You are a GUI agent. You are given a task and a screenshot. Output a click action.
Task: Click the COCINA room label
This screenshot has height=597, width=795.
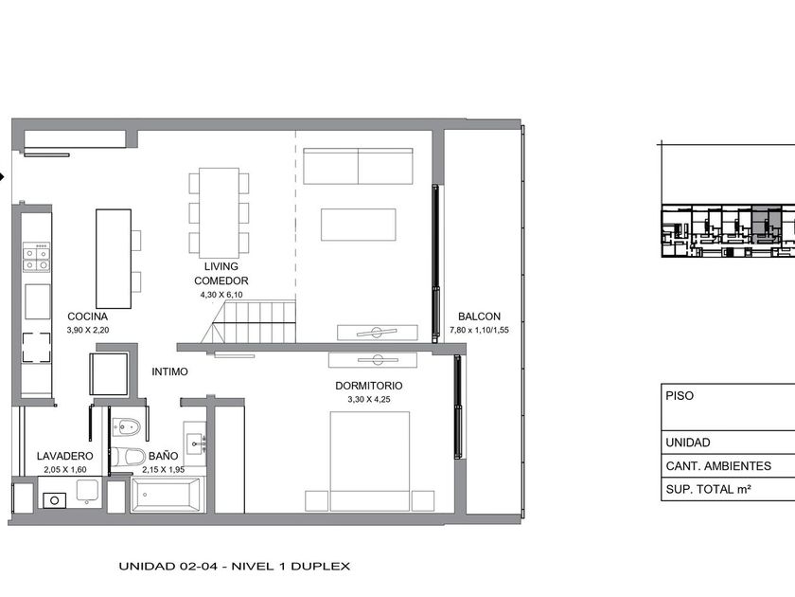(x=88, y=317)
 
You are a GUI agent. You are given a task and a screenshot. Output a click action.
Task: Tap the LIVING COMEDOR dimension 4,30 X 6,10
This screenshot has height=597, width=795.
(x=221, y=295)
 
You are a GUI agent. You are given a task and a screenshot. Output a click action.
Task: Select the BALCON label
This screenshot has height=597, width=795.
(x=479, y=317)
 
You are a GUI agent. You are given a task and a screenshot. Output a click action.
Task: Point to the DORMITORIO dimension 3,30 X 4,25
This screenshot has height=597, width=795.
(x=369, y=400)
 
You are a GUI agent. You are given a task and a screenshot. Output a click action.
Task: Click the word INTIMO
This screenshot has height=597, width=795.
(x=169, y=371)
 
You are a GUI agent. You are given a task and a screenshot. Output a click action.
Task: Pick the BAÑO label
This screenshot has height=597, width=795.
(x=163, y=456)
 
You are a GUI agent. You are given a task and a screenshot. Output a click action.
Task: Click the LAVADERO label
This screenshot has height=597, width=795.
(x=65, y=456)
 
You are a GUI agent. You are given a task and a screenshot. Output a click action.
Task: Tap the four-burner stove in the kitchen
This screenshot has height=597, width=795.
(x=37, y=257)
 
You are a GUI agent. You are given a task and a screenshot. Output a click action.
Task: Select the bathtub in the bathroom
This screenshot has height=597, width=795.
(x=168, y=495)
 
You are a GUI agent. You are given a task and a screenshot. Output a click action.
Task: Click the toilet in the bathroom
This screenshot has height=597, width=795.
(x=128, y=457)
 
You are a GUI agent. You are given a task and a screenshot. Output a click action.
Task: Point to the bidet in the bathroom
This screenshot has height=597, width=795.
(x=126, y=427)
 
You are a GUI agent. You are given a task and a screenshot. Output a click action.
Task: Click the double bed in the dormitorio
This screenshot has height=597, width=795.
(x=370, y=461)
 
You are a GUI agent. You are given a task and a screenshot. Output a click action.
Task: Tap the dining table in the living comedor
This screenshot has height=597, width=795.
(x=219, y=212)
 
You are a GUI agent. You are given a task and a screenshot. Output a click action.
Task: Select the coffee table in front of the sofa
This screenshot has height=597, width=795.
(x=358, y=225)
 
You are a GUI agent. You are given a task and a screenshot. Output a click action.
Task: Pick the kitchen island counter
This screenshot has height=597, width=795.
(x=114, y=259)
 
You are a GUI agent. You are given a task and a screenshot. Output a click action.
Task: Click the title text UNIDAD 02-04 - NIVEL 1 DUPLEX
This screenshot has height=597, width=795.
(x=235, y=566)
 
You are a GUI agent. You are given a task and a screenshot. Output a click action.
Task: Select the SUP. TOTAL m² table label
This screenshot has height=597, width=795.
(x=708, y=489)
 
